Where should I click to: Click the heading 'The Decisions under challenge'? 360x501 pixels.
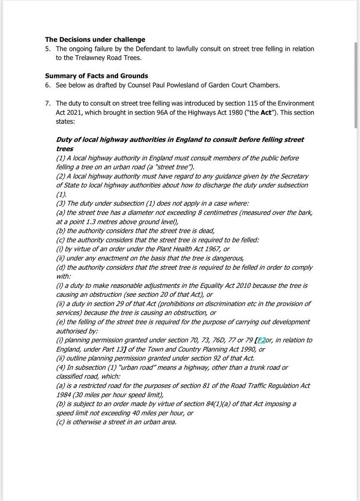coord(95,40)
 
